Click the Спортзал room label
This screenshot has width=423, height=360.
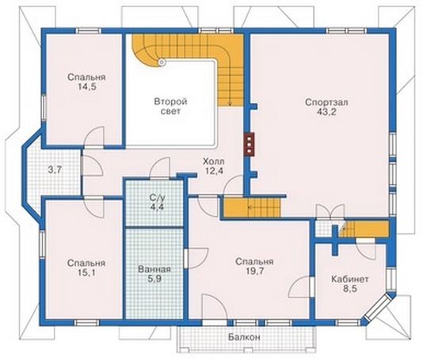tap(326, 103)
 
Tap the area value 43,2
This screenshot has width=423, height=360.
tap(326, 112)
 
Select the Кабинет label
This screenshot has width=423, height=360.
tap(350, 279)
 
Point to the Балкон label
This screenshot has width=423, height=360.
tap(244, 337)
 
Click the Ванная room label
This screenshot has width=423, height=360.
tap(154, 269)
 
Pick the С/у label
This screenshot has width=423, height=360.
tap(157, 199)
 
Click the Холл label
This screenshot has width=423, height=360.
tap(213, 161)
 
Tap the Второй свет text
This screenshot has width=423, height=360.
tap(171, 107)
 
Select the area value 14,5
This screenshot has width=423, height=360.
tap(86, 86)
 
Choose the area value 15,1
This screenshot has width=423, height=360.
tap(86, 273)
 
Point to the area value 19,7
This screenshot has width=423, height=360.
tap(254, 271)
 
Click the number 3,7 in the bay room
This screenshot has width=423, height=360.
tap(55, 170)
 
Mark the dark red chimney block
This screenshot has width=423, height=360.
tap(249, 144)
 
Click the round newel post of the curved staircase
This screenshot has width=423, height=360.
tap(162, 62)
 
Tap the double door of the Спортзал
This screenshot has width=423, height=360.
tap(330, 212)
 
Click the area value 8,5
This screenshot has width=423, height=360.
tap(350, 289)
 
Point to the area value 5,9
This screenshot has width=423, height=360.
tap(154, 279)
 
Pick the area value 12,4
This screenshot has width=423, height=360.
tap(213, 171)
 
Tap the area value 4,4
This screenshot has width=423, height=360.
tap(157, 208)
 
